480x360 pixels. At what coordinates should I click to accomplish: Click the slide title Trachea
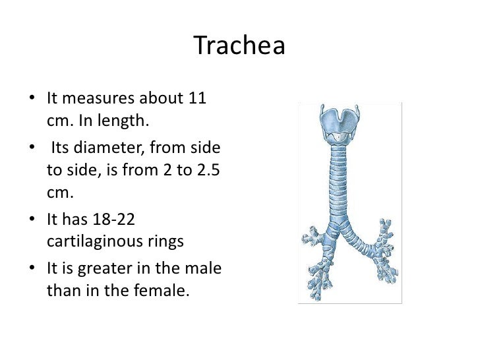click(x=240, y=46)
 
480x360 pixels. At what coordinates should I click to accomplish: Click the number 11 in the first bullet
click(x=195, y=99)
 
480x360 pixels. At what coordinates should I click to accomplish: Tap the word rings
click(x=167, y=241)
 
